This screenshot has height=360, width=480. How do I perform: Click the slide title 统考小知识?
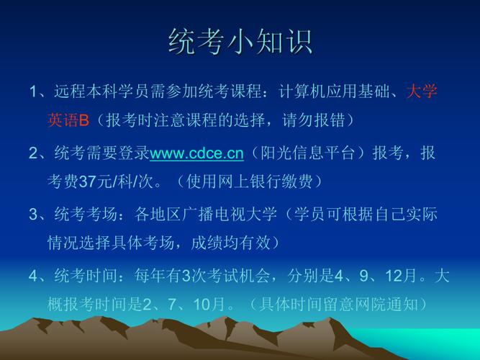pos(240,42)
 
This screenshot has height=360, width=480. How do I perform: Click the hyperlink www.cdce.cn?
pos(197,153)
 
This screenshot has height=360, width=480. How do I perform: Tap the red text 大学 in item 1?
pos(422,92)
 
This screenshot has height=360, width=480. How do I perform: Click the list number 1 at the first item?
pos(33,92)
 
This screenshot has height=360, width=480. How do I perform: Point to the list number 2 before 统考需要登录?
pos(33,153)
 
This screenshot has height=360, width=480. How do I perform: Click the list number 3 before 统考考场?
pos(33,215)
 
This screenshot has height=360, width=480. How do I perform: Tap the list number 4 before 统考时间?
pos(33,276)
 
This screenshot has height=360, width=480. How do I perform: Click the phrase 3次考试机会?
pos(220,276)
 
